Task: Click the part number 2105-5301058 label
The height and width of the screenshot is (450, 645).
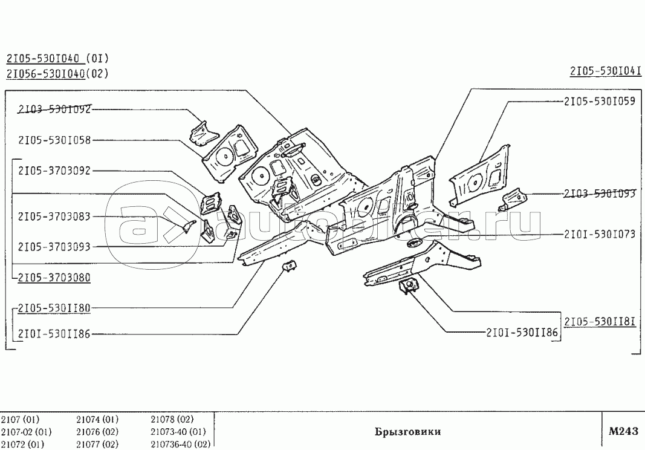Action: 54,140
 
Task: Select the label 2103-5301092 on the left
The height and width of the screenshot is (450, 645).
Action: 54,109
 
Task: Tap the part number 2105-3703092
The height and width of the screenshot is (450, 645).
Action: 54,171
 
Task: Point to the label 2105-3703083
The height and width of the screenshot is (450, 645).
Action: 54,216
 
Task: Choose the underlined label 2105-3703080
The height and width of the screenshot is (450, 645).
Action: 54,278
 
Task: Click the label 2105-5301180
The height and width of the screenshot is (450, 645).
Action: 54,308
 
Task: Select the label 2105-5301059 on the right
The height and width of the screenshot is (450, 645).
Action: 599,102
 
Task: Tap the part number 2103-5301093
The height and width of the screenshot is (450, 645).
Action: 599,194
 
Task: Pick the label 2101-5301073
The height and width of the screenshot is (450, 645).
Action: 599,234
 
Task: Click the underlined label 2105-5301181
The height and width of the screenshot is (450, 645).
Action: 599,321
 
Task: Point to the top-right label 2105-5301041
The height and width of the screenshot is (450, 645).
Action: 605,71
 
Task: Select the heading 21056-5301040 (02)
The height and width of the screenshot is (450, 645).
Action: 57,74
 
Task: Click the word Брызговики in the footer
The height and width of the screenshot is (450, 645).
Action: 407,432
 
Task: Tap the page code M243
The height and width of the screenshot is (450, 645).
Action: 623,431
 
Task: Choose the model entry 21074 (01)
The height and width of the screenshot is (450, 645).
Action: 97,419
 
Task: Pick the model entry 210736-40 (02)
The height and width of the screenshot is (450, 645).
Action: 180,444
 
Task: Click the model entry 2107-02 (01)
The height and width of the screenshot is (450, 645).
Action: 26,432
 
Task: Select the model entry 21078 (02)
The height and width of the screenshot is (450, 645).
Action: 172,419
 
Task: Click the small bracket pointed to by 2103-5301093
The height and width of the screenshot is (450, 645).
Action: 513,198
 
